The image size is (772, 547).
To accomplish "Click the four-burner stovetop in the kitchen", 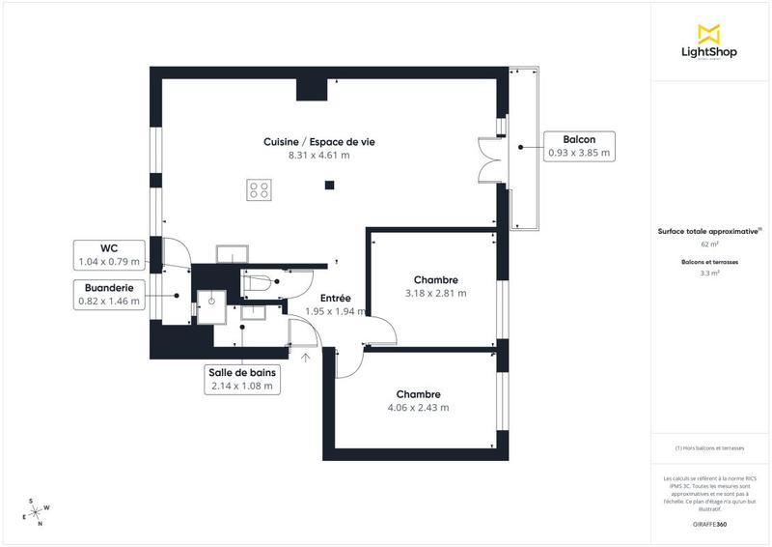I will coord(259,188).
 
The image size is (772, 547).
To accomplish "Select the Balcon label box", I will coord(578,145).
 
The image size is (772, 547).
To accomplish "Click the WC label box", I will coord(108,254).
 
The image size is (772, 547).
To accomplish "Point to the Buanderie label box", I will coord(108,295).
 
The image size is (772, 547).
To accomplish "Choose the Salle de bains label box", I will coord(242,379).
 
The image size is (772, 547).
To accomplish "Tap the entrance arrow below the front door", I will coord(306,359).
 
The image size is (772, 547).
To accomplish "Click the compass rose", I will coord(39,511).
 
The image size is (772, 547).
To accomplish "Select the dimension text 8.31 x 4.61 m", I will coord(318,155).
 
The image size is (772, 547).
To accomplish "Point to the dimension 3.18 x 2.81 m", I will coord(435,293).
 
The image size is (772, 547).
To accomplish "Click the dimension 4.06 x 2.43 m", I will coord(418,407).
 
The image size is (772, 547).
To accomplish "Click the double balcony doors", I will coord(489,159).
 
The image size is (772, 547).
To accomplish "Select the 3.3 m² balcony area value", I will coord(709,273).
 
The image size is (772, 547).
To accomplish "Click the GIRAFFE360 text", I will coord(709,523).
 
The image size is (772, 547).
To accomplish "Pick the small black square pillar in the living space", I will coord(329,186).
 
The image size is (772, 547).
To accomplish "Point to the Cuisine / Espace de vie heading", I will coord(318,142).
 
